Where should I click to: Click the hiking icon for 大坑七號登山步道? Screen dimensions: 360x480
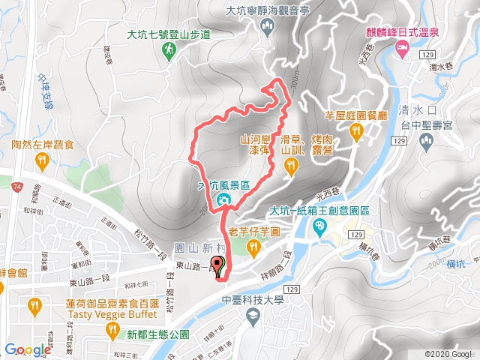click(169, 49)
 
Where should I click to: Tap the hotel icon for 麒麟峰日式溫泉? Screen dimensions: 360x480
click(402, 49)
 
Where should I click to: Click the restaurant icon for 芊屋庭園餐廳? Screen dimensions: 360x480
click(356, 132)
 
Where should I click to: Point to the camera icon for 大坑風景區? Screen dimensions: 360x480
click(223, 200)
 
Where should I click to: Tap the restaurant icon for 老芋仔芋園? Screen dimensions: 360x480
click(254, 247)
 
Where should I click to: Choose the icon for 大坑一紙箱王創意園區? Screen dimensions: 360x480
click(321, 225)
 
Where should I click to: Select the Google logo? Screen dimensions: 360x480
click(28, 349)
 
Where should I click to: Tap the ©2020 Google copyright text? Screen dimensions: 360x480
click(448, 353)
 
